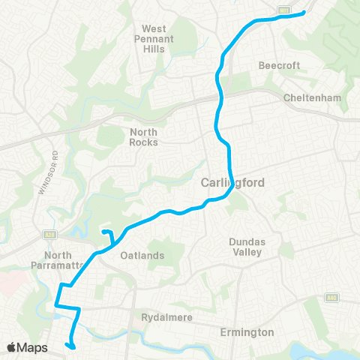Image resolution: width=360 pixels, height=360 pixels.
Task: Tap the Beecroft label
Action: pyautogui.click(x=279, y=65)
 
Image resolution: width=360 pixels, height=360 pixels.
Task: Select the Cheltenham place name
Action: pyautogui.click(x=313, y=98)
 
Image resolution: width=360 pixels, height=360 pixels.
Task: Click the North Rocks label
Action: pyautogui.click(x=143, y=136)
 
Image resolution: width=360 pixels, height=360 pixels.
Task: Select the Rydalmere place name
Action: pyautogui.click(x=169, y=317)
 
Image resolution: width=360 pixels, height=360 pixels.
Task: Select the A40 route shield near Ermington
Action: pyautogui.click(x=331, y=298)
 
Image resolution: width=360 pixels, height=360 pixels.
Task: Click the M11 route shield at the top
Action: pyautogui.click(x=284, y=10)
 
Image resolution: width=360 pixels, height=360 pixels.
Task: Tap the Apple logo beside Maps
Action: pyautogui.click(x=12, y=347)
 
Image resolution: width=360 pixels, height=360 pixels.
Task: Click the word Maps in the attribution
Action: pyautogui.click(x=33, y=347)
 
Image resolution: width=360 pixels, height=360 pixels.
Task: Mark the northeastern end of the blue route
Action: pyautogui.click(x=303, y=13)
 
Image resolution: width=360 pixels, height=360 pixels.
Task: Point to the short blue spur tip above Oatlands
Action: pyautogui.click(x=103, y=232)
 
